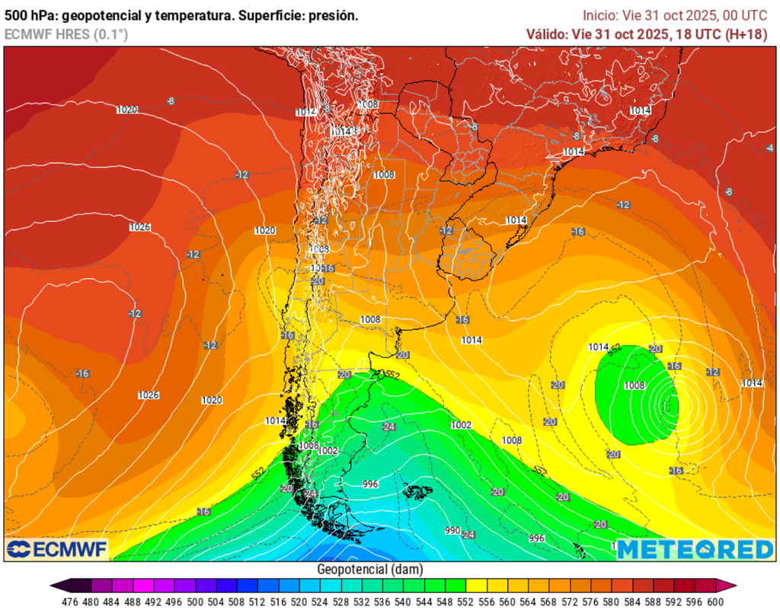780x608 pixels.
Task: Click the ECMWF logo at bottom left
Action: pos(57,549)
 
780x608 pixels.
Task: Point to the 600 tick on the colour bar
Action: pos(714,600)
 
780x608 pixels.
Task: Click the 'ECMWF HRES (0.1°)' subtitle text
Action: pos(66,34)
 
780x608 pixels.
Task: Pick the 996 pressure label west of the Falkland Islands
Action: pos(371,484)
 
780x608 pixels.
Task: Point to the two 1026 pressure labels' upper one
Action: pos(139,227)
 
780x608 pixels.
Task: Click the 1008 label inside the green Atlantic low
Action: pos(635,386)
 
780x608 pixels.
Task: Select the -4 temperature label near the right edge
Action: pos(769,148)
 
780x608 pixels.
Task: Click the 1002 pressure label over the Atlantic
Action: pos(461,425)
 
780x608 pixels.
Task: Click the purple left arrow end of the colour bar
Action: pos(55,585)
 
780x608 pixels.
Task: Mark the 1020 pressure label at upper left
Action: pos(127,110)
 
